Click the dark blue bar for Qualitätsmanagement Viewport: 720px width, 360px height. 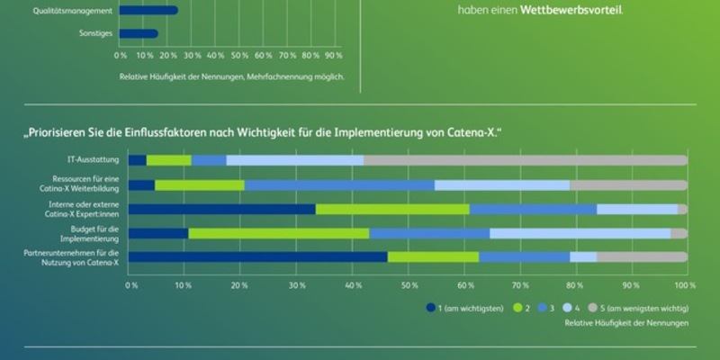pyautogui.click(x=148, y=11)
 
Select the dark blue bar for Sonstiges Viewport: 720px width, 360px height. pyautogui.click(x=139, y=34)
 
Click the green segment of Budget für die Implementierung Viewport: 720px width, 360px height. pyautogui.click(x=279, y=233)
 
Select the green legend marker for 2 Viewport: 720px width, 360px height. pyautogui.click(x=518, y=307)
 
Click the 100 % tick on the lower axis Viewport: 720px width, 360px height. pyautogui.click(x=685, y=284)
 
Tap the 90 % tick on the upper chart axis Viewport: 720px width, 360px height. pyautogui.click(x=333, y=55)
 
